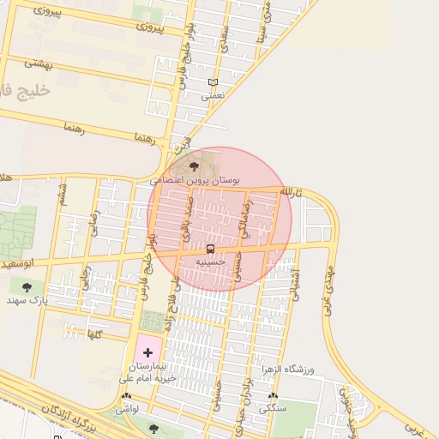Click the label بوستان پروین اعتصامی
195,181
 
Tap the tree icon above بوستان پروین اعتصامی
195,167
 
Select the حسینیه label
210,261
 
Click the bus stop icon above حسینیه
211,249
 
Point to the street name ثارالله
292,190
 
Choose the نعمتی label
212,96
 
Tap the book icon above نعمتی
213,83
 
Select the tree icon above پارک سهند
26,288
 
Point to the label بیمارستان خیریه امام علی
147,371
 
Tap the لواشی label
129,411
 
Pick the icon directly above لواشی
128,397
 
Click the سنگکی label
274,411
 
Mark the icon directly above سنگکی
274,397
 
